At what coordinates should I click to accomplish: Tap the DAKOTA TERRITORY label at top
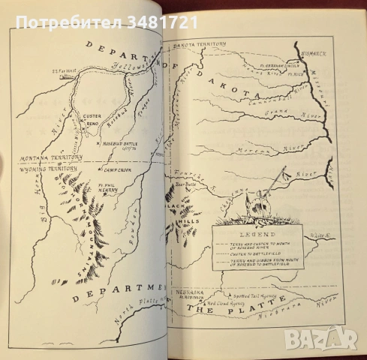[x=200, y=46]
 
